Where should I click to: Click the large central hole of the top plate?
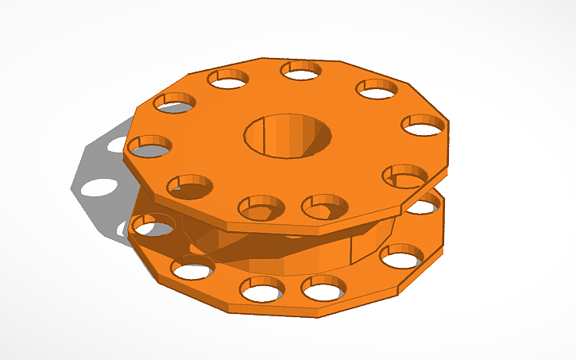(x=288, y=135)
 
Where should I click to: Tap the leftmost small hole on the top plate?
(x=151, y=146)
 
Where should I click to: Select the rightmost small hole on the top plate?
(x=423, y=125)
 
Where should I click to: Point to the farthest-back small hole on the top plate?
(x=300, y=71)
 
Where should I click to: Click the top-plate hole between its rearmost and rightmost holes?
(x=377, y=89)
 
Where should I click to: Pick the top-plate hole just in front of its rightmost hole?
(x=404, y=176)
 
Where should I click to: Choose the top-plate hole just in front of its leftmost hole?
(x=191, y=187)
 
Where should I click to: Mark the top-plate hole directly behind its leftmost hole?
(x=175, y=103)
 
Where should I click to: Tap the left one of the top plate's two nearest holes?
(x=261, y=207)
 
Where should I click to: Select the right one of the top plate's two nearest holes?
(x=325, y=207)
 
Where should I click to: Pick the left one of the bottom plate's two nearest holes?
(x=262, y=290)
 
